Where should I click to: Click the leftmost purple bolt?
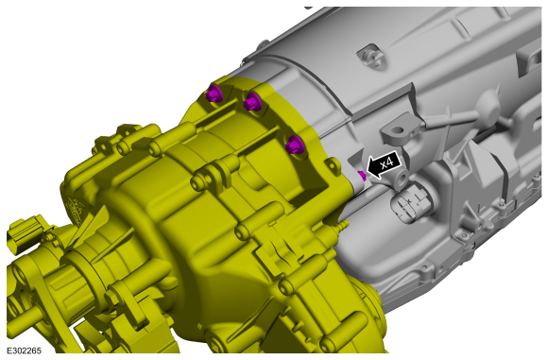pyautogui.click(x=214, y=94)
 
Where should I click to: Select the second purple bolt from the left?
pyautogui.click(x=252, y=102)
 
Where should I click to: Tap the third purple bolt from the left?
pyautogui.click(x=294, y=145)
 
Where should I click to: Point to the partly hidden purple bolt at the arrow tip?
pyautogui.click(x=363, y=176)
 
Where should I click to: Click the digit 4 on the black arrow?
pyautogui.click(x=389, y=163)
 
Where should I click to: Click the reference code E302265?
pyautogui.click(x=25, y=351)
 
